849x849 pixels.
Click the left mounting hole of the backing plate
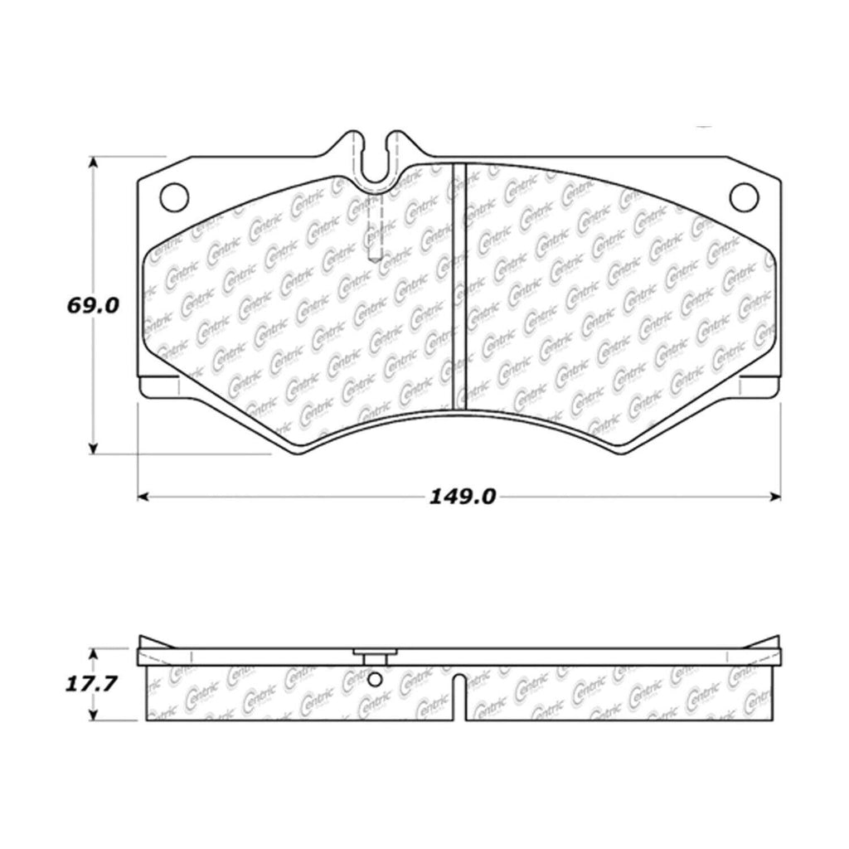tap(174, 196)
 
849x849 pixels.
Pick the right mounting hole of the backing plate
tap(744, 196)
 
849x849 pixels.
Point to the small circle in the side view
tap(375, 681)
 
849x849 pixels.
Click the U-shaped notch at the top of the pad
tap(377, 162)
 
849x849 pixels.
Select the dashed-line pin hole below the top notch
tap(373, 228)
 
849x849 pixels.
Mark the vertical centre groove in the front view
tap(460, 286)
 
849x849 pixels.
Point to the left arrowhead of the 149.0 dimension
tap(143, 497)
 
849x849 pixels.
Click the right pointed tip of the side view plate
tap(777, 640)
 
